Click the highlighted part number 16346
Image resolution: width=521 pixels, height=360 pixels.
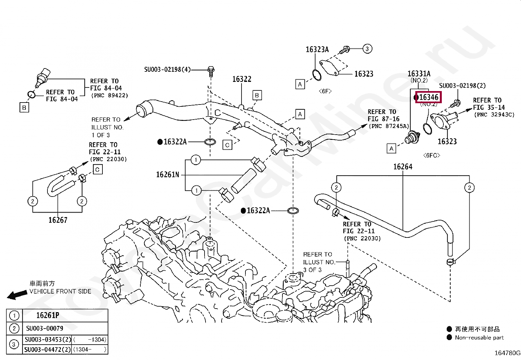click(429, 97)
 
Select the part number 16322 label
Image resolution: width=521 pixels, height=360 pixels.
click(242, 79)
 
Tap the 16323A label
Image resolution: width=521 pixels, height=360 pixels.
click(317, 49)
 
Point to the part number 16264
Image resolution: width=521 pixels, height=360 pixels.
click(403, 167)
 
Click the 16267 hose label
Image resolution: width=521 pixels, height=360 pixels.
click(58, 220)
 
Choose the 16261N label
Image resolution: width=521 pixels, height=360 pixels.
click(168, 175)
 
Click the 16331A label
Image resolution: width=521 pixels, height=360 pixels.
click(419, 74)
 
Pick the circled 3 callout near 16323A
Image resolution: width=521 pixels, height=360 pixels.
click(367, 49)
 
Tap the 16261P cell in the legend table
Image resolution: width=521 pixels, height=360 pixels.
click(48, 315)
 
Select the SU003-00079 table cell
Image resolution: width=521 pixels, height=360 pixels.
click(45, 328)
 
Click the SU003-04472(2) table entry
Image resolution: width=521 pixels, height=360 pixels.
click(48, 350)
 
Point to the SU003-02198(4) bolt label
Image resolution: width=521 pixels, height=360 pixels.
click(168, 69)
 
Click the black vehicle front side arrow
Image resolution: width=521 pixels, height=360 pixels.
click(17, 294)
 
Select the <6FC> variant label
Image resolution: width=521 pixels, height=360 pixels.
click(432, 155)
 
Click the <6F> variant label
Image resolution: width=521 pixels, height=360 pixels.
click(325, 91)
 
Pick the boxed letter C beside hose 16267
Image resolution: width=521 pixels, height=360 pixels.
click(98, 170)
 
